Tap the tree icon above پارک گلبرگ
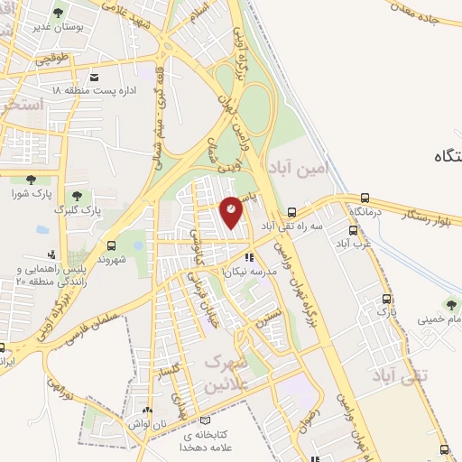pos(75,193)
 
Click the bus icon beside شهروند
pos(111,245)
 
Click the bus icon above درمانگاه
pos(365,199)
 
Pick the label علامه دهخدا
pos(208,446)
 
